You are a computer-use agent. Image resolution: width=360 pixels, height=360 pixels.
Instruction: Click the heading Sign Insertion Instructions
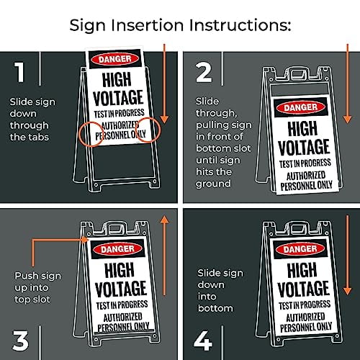[179, 25]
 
